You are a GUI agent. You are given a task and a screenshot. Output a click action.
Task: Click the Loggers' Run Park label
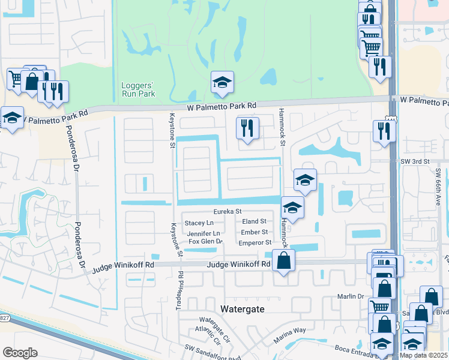138,89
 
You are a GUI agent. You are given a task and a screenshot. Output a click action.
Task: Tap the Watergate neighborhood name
247,308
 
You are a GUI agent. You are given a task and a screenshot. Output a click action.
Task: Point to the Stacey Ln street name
199,223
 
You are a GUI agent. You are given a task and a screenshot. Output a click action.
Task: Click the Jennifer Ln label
203,233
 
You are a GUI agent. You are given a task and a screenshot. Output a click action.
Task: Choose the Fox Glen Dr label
206,242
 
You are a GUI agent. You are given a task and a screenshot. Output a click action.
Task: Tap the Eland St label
254,222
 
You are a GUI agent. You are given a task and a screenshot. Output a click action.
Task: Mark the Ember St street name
254,232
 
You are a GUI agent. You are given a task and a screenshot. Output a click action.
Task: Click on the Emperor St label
255,242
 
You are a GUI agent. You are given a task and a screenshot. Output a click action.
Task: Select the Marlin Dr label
352,296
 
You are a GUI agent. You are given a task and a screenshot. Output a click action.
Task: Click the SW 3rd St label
415,161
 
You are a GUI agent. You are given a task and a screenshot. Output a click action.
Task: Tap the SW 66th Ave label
438,187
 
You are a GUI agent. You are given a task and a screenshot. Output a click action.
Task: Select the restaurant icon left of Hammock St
247,127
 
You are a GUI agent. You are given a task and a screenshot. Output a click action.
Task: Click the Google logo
20,353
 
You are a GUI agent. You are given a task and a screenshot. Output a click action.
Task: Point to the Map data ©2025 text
423,355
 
